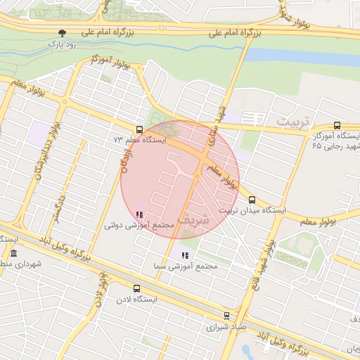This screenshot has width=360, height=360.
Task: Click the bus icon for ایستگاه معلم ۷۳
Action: point(139,129)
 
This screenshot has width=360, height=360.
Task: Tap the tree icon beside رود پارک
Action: point(63,33)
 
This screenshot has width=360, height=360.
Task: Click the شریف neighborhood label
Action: point(193,218)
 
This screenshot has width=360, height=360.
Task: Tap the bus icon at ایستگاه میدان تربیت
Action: point(252,199)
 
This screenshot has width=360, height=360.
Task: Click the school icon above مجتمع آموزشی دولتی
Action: point(139,214)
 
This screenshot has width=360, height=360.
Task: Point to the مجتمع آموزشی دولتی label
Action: point(139,225)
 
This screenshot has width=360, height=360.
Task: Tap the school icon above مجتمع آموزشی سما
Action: point(185,255)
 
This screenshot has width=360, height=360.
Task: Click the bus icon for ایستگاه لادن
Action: point(136,288)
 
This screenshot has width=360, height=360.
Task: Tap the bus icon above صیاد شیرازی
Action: point(226,316)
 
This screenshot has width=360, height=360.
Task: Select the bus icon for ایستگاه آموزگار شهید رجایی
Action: point(337,124)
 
